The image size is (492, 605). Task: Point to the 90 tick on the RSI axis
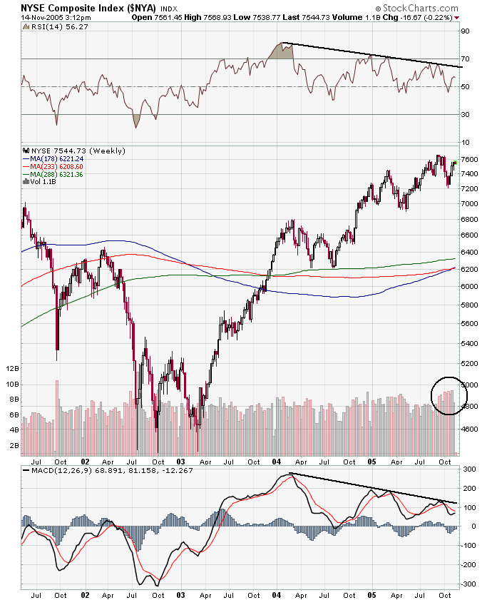click(464, 31)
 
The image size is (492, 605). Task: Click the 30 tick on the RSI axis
click(464, 114)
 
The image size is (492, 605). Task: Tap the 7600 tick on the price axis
click(468, 159)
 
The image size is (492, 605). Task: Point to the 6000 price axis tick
click(468, 286)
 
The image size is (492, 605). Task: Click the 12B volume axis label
click(12, 369)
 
